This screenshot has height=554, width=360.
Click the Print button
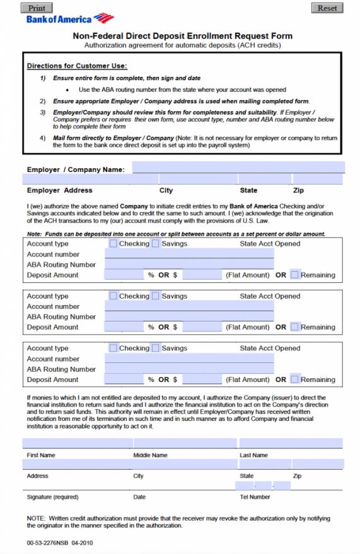point(37,8)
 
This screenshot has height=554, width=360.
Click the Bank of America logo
point(69,19)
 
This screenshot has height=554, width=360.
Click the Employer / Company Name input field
point(238,168)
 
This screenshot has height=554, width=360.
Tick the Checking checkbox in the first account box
point(113,243)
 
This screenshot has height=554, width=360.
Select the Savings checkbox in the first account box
point(155,243)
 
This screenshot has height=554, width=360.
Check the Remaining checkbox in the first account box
point(294,275)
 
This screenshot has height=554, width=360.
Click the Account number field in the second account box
point(189,306)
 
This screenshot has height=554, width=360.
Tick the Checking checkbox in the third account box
point(113,348)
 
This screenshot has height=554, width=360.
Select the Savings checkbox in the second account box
point(155,296)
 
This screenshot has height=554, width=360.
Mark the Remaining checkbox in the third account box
point(294,379)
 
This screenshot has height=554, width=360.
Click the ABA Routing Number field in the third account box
point(189,369)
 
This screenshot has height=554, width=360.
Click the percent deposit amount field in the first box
point(124,275)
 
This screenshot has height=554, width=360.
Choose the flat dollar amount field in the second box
point(202,327)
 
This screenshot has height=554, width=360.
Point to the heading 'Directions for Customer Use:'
point(77,66)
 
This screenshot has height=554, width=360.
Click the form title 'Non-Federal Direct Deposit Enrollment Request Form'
point(183,37)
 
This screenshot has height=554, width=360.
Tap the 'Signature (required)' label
point(52,497)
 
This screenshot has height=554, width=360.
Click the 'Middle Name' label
point(150,455)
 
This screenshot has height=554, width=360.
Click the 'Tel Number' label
point(255,497)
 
